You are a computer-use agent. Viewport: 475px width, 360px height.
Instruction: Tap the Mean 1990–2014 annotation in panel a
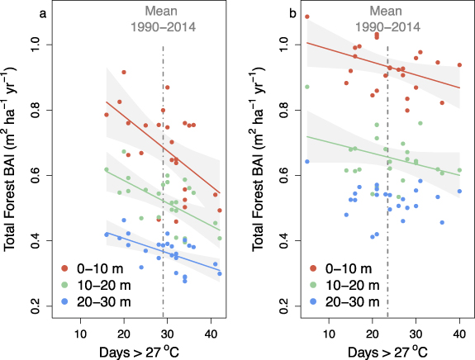(164, 18)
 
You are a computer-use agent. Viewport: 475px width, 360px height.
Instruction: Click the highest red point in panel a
(124, 73)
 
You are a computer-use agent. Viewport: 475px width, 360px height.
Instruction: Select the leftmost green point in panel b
(307, 87)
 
